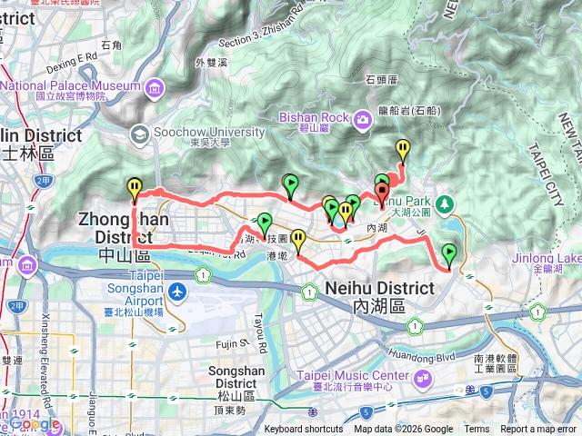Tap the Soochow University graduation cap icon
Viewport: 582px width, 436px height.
click(x=139, y=134)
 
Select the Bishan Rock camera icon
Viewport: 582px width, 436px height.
click(x=362, y=118)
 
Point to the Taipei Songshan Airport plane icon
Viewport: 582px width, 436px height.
click(x=176, y=292)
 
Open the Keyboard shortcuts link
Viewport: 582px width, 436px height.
click(x=304, y=430)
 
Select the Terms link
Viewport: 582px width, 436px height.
click(x=477, y=430)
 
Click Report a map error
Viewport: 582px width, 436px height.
click(x=538, y=430)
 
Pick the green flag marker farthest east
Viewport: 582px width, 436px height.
click(x=448, y=253)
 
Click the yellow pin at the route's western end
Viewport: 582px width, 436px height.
click(x=135, y=188)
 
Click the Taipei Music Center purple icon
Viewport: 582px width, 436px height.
click(x=422, y=376)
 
